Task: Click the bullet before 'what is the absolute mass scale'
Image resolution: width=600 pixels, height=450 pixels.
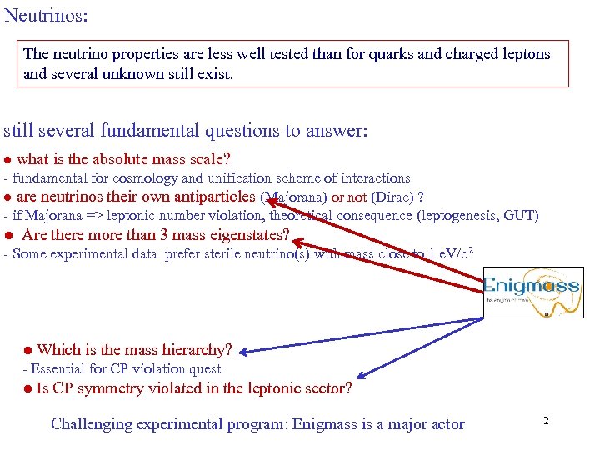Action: (x=7, y=159)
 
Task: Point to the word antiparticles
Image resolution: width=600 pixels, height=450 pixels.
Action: (x=214, y=197)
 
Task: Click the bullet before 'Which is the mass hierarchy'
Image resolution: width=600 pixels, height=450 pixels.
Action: (x=27, y=350)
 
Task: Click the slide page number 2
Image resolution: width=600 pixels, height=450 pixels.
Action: (x=546, y=421)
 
